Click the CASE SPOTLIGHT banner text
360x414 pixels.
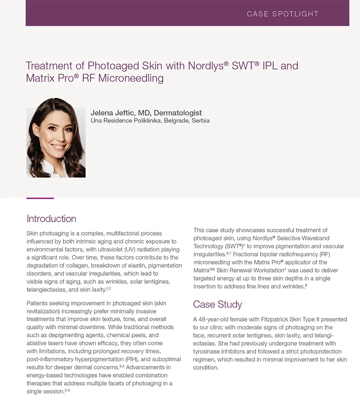click(x=283, y=14)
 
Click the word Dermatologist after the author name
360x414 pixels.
click(x=178, y=113)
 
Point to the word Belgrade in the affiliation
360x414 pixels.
click(x=176, y=121)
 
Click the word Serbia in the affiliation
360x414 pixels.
click(x=200, y=121)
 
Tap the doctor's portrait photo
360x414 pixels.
click(x=56, y=137)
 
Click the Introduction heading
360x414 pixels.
click(x=51, y=219)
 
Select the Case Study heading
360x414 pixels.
click(x=217, y=305)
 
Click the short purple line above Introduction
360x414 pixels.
click(x=40, y=198)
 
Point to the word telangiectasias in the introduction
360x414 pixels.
click(x=46, y=290)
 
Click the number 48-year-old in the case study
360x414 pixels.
click(x=215, y=319)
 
